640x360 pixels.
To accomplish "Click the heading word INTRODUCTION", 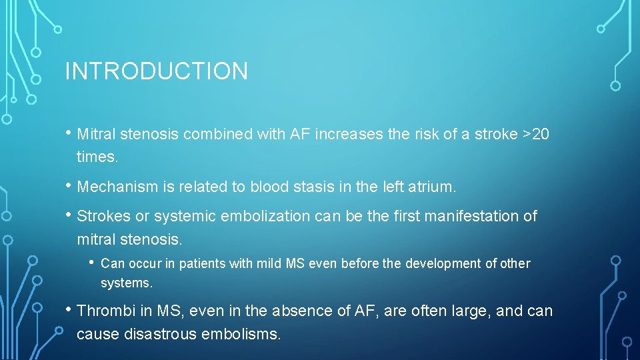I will tap(156, 71).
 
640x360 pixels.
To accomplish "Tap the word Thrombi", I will tap(103, 311).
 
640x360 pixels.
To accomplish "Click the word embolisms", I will tap(247, 333).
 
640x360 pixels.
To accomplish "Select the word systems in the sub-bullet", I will tap(127, 283).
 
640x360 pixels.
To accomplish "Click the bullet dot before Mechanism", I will tap(69, 186).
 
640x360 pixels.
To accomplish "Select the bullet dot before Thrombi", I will tap(69, 309).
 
